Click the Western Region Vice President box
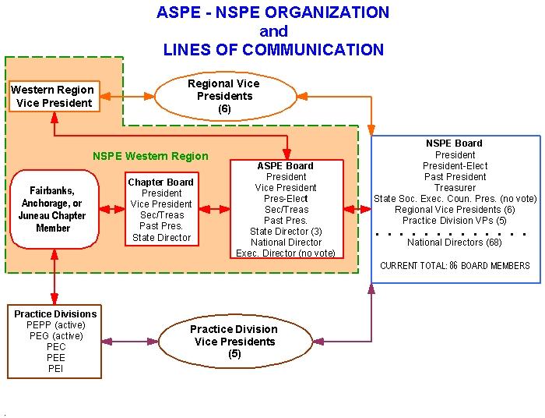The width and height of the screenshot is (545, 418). click(x=52, y=96)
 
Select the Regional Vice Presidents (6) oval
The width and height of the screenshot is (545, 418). click(x=224, y=96)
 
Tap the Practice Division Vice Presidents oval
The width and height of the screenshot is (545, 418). click(x=234, y=341)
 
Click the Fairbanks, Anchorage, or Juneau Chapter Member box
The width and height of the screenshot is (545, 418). click(x=53, y=209)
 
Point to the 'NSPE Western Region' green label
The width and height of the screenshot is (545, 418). click(x=150, y=155)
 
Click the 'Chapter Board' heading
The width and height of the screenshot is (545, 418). click(x=161, y=182)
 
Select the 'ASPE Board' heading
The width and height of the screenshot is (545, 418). click(x=286, y=165)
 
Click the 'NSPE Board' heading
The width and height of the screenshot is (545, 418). click(x=455, y=143)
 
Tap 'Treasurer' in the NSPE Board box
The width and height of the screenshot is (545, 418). click(x=455, y=188)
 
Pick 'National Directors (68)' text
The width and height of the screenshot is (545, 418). click(x=455, y=243)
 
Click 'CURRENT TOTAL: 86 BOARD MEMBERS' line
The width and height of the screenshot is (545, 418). click(x=455, y=266)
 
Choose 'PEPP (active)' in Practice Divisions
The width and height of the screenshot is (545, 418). click(x=55, y=325)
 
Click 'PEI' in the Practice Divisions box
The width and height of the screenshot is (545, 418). click(x=55, y=369)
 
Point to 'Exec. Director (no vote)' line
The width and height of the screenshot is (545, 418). click(x=286, y=253)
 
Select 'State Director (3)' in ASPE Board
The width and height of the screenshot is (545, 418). click(x=286, y=232)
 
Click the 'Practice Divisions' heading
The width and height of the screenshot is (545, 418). click(x=55, y=314)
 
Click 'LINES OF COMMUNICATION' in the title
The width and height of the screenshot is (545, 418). click(x=273, y=50)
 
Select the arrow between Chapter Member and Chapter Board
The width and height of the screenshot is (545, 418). click(x=112, y=209)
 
